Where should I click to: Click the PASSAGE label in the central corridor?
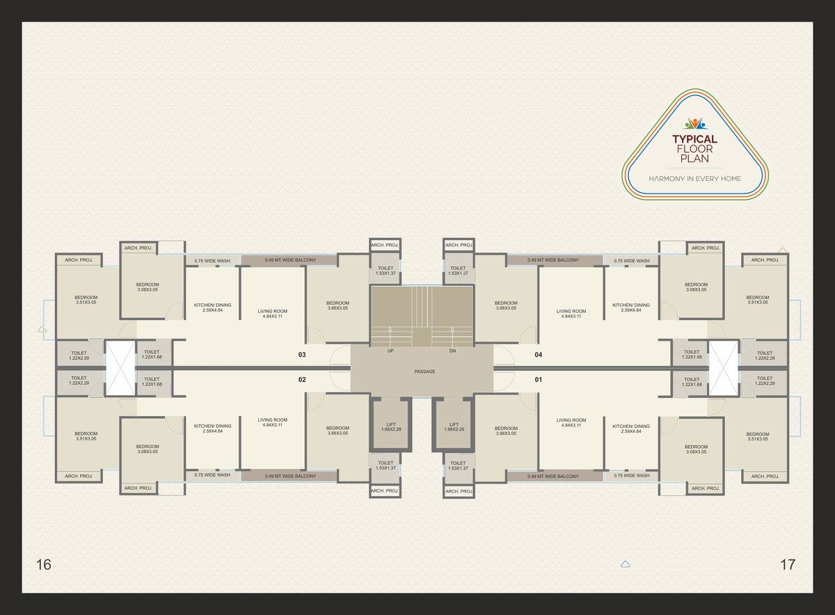[424, 372]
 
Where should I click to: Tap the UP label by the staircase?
[390, 351]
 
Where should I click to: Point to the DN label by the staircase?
[452, 351]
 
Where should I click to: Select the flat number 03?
[302, 355]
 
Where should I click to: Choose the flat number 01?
[539, 380]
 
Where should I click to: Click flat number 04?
[539, 355]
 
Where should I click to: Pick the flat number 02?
[302, 380]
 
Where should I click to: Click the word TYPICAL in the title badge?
[695, 139]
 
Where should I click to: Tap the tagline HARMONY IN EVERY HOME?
[695, 179]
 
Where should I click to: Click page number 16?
[44, 565]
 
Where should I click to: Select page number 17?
[788, 565]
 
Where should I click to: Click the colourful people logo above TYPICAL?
[695, 124]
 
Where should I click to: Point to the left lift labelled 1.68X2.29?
[391, 424]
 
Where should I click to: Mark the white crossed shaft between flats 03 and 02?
[120, 368]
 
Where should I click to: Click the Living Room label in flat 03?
[273, 314]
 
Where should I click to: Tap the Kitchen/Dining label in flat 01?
[631, 429]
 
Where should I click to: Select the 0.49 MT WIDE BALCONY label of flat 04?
[553, 260]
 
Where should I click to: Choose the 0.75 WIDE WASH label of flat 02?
[212, 475]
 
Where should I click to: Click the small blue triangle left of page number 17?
[626, 565]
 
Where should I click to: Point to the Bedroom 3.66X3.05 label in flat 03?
[337, 305]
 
